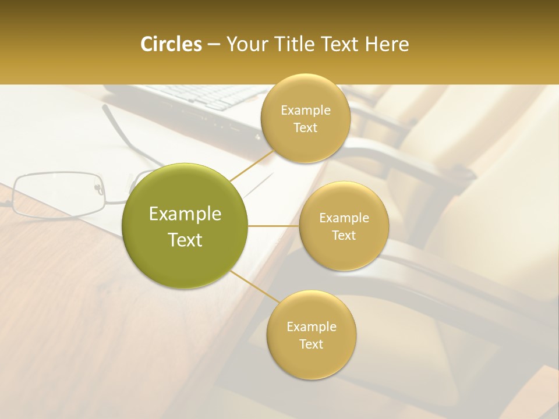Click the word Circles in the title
click(x=171, y=44)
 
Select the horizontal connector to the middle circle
click(x=274, y=226)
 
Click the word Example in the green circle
click(x=185, y=214)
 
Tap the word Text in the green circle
click(x=185, y=240)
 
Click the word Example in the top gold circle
click(x=305, y=111)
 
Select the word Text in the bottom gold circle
click(x=312, y=344)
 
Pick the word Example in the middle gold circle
click(x=344, y=218)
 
